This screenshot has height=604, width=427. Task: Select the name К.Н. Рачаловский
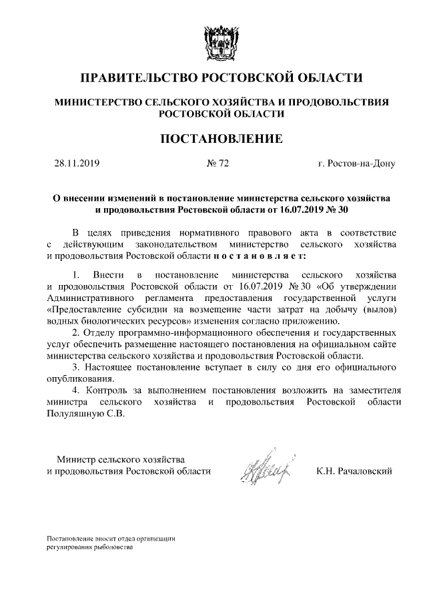[x=355, y=471]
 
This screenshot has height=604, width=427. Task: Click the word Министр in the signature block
[x=76, y=460]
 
